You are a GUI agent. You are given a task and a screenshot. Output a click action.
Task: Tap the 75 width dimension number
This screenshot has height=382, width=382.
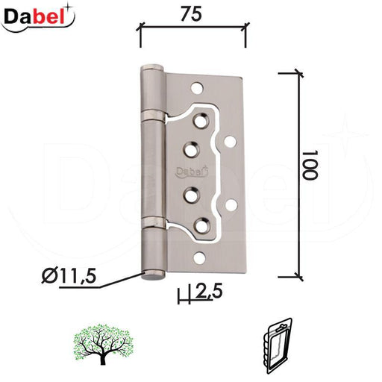tap(191, 14)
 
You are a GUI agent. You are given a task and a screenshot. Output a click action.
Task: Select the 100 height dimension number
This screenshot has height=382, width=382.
tap(310, 164)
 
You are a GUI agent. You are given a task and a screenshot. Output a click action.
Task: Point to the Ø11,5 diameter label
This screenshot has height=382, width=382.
tap(69, 275)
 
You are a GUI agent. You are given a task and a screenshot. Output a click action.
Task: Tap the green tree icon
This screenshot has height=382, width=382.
tap(103, 344)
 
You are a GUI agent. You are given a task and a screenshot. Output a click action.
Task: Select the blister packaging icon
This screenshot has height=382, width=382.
tap(277, 345)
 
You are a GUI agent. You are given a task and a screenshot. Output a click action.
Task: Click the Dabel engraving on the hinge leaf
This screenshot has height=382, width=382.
tap(192, 172)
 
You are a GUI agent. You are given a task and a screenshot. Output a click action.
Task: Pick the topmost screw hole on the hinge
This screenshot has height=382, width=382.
tap(197, 87)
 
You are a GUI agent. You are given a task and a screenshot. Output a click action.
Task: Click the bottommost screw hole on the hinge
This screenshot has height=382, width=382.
tap(199, 258)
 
